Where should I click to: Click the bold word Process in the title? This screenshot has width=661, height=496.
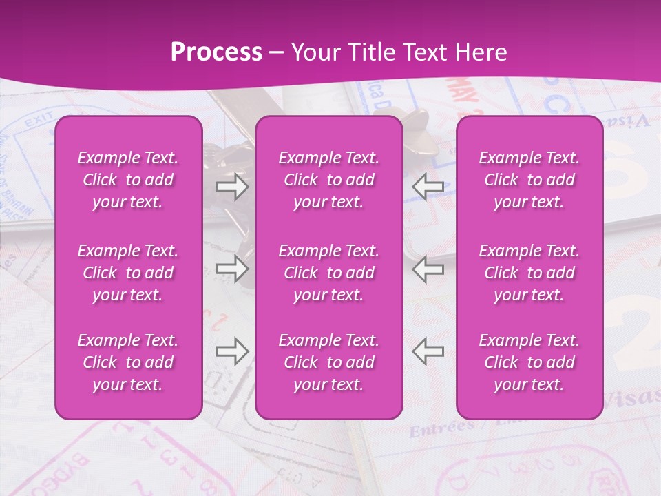point(216,52)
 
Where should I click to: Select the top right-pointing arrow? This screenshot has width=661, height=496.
point(232,187)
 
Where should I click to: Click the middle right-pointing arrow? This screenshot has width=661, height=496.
point(232,269)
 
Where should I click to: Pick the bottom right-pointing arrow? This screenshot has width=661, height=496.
point(232,351)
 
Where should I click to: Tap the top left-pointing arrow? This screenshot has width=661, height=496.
point(428,187)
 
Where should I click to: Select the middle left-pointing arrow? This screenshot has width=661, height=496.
point(428,269)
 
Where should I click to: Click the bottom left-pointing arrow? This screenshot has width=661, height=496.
point(428,351)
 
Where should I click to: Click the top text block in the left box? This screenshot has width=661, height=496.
point(128,180)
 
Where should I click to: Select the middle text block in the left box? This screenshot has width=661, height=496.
point(128,273)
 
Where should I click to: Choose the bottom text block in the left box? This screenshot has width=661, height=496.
point(128,362)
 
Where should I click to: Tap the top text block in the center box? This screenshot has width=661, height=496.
point(328,180)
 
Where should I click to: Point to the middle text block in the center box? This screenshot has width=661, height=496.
point(328,273)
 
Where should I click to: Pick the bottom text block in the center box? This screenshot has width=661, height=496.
point(328,362)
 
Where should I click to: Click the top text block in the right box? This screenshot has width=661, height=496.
point(529,180)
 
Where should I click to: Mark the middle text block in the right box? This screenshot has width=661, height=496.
point(529,273)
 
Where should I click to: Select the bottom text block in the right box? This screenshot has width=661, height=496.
point(529,362)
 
